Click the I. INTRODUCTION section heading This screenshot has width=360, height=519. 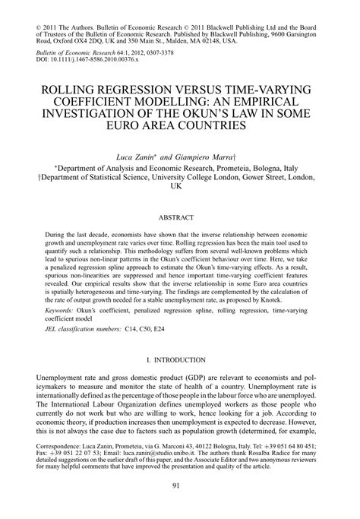coord(180,359)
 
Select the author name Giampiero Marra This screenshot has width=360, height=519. coord(207,154)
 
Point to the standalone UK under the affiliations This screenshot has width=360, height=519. coord(180,187)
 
